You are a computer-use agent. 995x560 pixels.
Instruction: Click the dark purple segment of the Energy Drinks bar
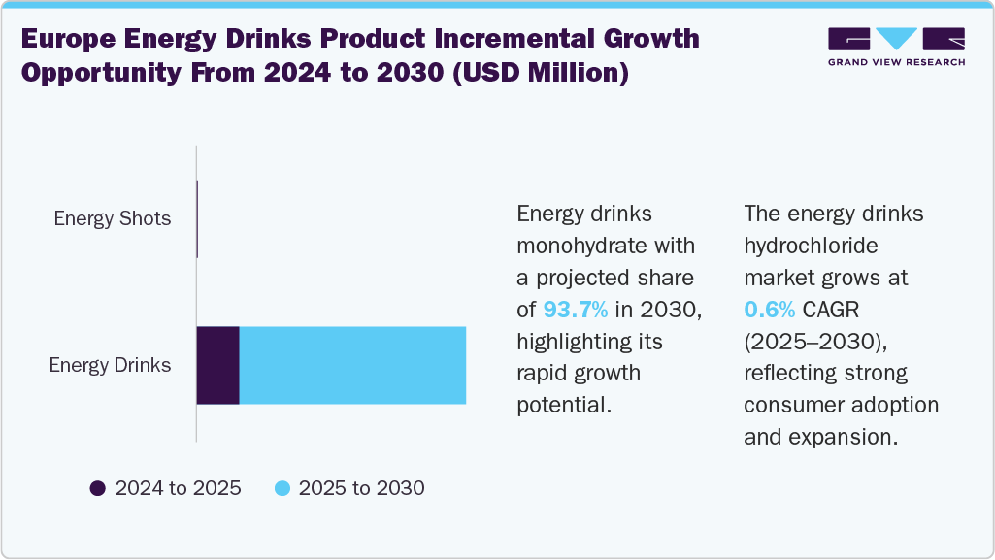coord(218,365)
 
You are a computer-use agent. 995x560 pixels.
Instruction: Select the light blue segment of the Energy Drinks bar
coord(352,365)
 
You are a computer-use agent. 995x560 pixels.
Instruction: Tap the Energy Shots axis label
coord(113,218)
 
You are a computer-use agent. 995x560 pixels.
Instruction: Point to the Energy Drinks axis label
coord(111,365)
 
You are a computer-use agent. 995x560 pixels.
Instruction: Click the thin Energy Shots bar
coord(197,218)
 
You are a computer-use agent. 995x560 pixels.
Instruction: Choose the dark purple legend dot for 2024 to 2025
coord(97,488)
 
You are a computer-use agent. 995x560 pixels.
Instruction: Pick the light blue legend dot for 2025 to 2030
coord(282,488)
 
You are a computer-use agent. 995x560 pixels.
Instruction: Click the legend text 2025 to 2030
coord(361,488)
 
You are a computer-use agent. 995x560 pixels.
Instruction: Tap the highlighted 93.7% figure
coord(575,310)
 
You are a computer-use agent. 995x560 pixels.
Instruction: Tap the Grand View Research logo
coord(896,47)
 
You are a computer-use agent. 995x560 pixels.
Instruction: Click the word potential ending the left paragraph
coord(563,405)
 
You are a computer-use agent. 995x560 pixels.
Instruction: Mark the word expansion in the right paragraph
coord(845,437)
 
